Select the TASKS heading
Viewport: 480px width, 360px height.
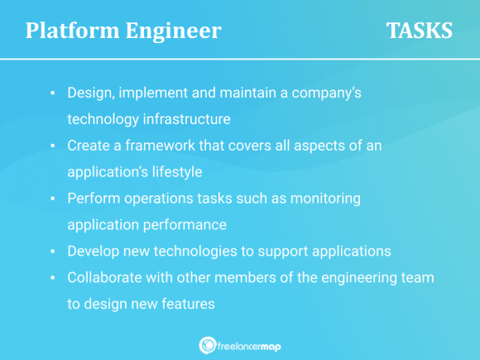pos(419,31)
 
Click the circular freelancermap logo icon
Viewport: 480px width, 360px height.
pos(207,345)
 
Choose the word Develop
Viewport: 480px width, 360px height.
pos(94,251)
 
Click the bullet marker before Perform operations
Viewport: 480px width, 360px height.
pos(52,199)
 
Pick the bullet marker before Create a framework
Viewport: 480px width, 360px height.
pos(52,146)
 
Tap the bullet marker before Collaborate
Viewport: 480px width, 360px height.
pos(52,277)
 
